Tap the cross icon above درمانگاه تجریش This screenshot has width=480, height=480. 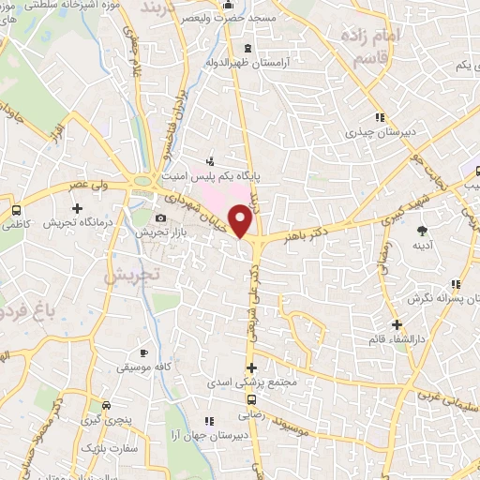[x=76, y=206]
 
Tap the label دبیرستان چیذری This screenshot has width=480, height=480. [x=378, y=132]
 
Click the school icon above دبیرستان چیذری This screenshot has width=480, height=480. [x=379, y=118]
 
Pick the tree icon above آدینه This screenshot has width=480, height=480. [x=422, y=230]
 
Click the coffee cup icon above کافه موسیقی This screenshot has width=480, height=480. [x=142, y=353]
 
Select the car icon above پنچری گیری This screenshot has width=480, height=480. [x=107, y=406]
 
